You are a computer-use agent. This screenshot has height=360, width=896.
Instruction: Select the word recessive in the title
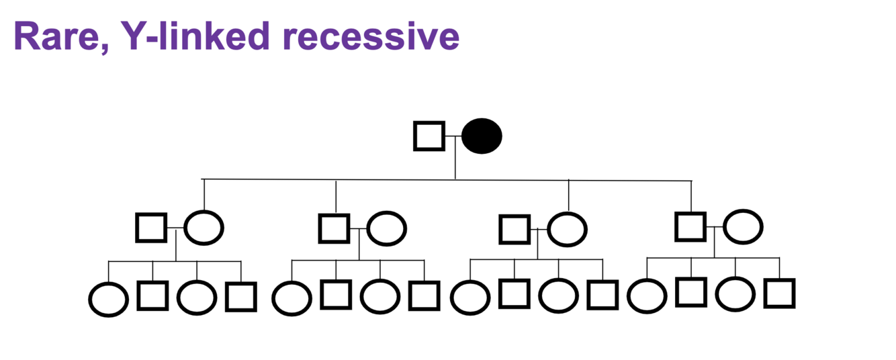371,38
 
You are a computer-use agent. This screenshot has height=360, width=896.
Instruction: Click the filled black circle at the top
482,136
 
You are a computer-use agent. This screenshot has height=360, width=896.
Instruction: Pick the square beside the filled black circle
429,136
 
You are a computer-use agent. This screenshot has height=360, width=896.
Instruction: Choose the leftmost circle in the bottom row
108,299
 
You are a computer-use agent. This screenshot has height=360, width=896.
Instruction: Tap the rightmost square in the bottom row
780,293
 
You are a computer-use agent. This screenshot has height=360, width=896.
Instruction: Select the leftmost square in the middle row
151,227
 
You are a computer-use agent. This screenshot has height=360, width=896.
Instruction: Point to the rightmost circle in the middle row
743,226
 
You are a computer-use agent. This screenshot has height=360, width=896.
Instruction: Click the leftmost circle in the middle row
204,227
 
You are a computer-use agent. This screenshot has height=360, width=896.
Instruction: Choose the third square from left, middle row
515,228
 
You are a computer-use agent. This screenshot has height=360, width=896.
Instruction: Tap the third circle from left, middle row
568,228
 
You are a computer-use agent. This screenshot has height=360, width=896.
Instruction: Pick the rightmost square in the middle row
690,226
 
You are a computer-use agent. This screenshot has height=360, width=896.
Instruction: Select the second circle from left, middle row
387,228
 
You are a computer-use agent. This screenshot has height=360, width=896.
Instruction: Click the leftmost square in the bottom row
152,296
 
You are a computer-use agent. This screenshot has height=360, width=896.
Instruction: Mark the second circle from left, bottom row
197,298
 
